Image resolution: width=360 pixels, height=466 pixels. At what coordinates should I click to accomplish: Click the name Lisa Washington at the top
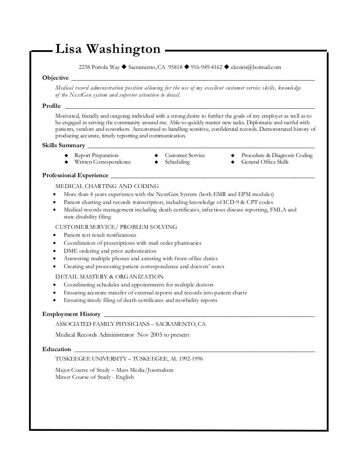(108, 49)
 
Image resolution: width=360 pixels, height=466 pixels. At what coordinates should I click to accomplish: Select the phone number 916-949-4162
(206, 67)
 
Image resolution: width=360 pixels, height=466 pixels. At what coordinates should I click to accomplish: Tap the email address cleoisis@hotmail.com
(256, 67)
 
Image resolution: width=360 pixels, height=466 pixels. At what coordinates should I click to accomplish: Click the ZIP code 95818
(175, 67)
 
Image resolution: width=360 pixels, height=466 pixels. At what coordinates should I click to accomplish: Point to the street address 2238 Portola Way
(99, 67)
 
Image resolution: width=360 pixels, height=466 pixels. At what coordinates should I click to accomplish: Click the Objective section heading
(55, 77)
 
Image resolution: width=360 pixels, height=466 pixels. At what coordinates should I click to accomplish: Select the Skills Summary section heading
(64, 145)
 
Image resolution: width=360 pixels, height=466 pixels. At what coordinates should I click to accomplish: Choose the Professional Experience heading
(75, 176)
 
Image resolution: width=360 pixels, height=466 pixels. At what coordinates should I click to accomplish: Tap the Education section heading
(57, 349)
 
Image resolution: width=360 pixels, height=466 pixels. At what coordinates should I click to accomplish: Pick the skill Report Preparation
(97, 155)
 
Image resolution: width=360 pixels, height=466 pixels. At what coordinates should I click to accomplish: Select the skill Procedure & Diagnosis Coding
(277, 155)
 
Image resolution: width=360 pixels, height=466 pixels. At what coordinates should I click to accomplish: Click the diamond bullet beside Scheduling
(157, 162)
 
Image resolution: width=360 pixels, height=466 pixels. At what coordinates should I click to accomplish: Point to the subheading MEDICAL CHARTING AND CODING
(107, 186)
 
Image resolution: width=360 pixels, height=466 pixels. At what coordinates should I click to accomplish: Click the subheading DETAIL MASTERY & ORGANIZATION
(109, 277)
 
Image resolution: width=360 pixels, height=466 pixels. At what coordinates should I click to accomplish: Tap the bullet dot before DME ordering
(56, 251)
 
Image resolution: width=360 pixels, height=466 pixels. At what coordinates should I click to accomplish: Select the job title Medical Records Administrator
(94, 335)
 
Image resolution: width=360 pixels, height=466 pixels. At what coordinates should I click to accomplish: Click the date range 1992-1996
(190, 359)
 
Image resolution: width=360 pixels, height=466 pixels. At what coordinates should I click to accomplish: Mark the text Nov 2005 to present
(165, 335)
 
